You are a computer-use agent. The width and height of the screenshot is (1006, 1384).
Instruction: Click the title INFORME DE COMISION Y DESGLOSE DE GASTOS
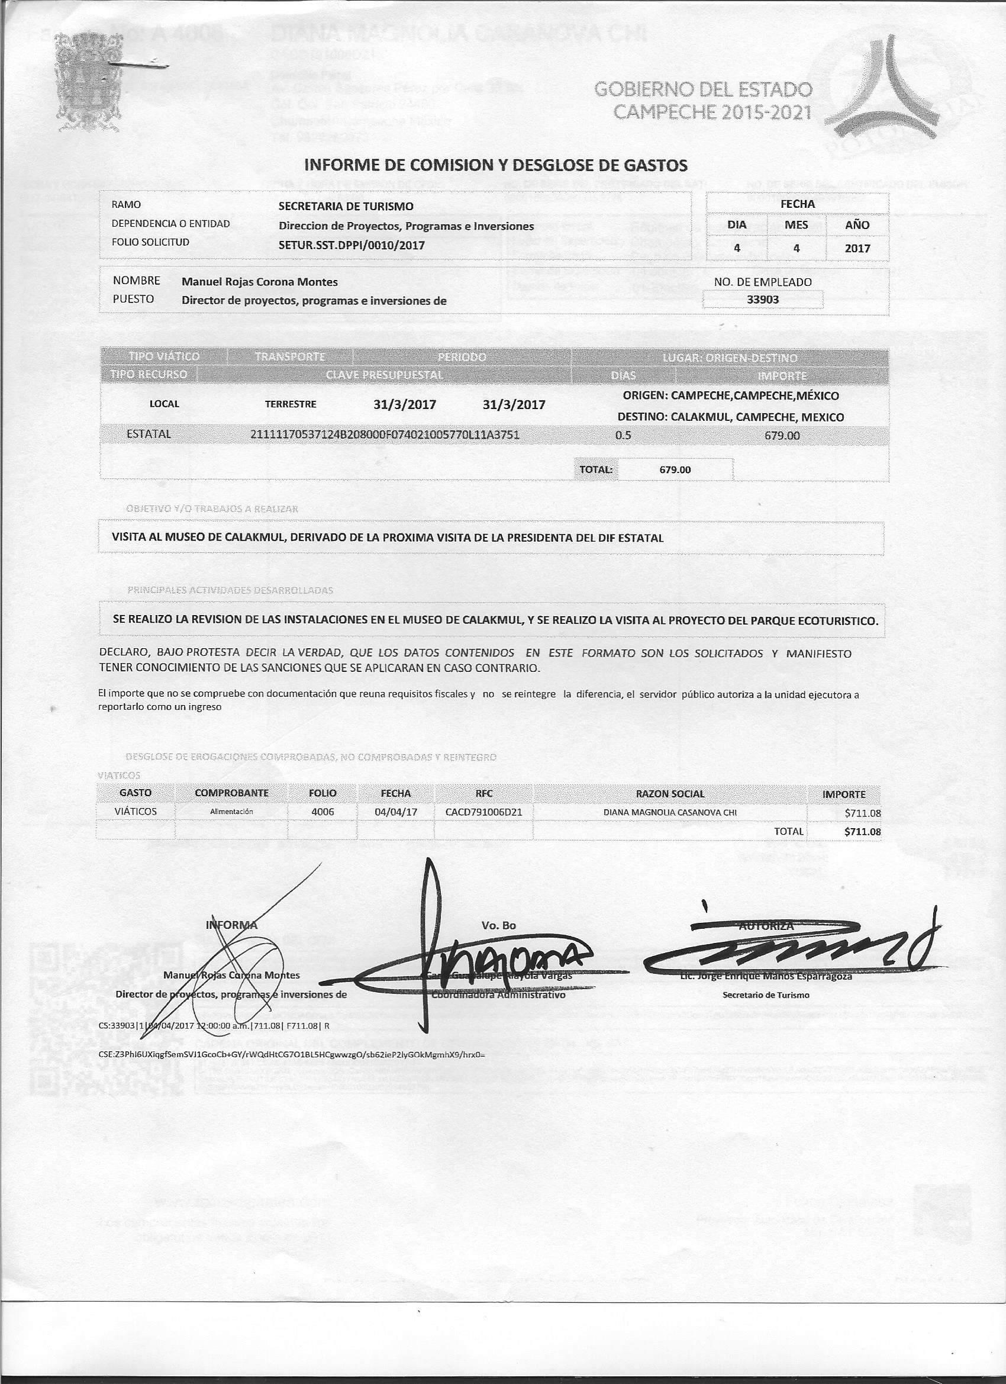[x=495, y=165]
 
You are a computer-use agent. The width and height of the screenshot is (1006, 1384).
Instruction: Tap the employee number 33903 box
[x=763, y=300]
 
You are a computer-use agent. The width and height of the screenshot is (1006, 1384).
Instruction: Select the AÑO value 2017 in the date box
[x=857, y=249]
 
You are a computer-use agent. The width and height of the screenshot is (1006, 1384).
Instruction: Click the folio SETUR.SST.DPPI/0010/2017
[x=352, y=245]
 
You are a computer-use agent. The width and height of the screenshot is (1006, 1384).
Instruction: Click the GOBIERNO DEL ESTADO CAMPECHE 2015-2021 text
[x=704, y=101]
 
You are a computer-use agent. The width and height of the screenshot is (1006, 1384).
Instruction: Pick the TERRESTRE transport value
[x=291, y=404]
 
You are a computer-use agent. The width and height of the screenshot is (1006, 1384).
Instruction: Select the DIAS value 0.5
[x=624, y=436]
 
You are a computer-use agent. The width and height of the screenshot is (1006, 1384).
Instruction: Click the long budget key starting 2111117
[x=385, y=435]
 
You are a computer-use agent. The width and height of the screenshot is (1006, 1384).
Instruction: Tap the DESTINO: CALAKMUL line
[x=730, y=417]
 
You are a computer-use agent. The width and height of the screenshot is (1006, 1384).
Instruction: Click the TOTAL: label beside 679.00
[x=596, y=470]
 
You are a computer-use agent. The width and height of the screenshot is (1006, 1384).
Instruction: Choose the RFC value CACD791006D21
[x=484, y=812]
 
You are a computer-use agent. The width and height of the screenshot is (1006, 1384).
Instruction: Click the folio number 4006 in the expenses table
[x=323, y=812]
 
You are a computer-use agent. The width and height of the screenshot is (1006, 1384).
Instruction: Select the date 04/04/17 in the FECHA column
[x=395, y=812]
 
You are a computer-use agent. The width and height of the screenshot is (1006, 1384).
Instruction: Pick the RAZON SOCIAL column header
[x=670, y=794]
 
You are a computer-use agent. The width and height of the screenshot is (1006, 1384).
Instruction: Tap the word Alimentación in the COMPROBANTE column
[x=231, y=812]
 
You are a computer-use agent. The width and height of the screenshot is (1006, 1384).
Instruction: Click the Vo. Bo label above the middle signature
[x=498, y=926]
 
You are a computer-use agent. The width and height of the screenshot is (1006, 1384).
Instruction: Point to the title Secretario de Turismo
[x=766, y=995]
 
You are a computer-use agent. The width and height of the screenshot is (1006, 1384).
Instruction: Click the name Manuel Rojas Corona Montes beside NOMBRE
[x=259, y=282]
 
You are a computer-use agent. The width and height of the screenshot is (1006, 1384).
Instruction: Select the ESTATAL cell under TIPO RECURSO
[x=149, y=434]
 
